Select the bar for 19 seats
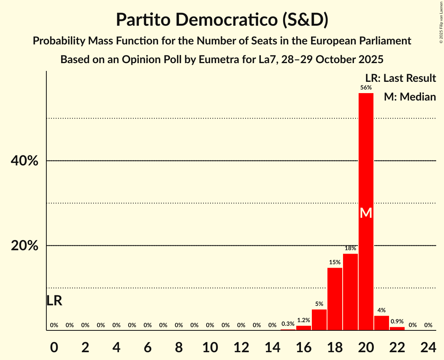pyautogui.click(x=350, y=292)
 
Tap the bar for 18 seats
pyautogui.click(x=335, y=299)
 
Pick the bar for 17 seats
pyautogui.click(x=319, y=320)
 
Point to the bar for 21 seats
pyautogui.click(x=382, y=323)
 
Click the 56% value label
pyautogui.click(x=366, y=88)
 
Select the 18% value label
pyautogui.click(x=350, y=248)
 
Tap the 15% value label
pyautogui.click(x=335, y=262)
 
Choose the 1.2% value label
pyautogui.click(x=304, y=320)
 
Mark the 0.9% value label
pyautogui.click(x=397, y=321)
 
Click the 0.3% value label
pyautogui.click(x=288, y=324)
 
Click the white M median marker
pyautogui.click(x=366, y=213)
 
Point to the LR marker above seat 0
pyautogui.click(x=54, y=301)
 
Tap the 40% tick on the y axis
pyautogui.click(x=25, y=161)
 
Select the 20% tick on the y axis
pyautogui.click(x=25, y=246)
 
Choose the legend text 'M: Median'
pyautogui.click(x=410, y=97)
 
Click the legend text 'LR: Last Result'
pyautogui.click(x=401, y=78)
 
